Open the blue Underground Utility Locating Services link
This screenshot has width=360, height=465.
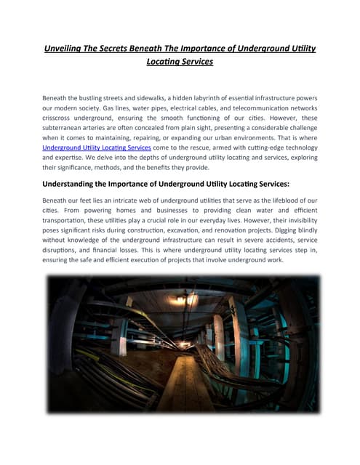tap(96, 148)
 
